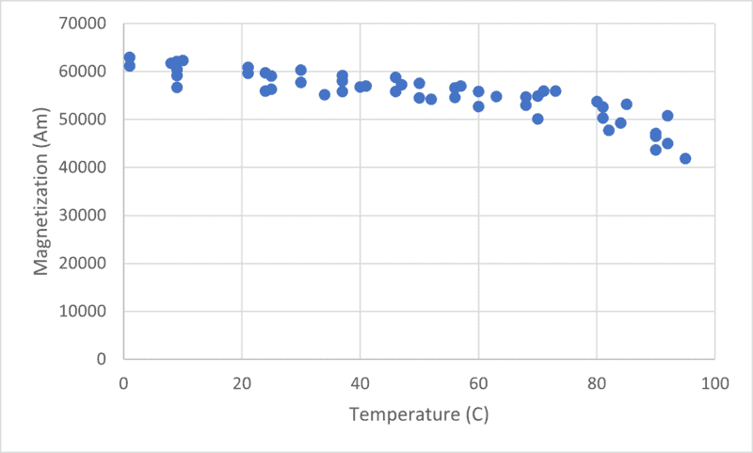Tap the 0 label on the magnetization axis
click(x=106, y=359)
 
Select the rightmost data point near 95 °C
click(x=685, y=158)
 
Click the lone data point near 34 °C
click(x=325, y=94)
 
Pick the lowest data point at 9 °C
click(x=177, y=87)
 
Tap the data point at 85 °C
click(x=626, y=104)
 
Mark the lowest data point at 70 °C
click(x=537, y=119)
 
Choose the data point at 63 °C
click(x=496, y=96)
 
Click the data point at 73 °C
click(x=555, y=91)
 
